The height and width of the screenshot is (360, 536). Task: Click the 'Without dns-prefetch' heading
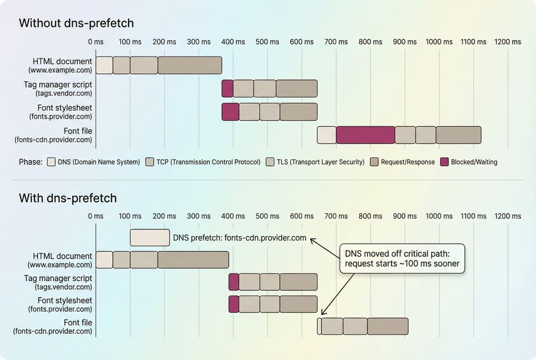76,23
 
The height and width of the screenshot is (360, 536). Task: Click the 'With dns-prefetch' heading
68,198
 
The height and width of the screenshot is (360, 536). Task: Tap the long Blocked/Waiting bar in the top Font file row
365,135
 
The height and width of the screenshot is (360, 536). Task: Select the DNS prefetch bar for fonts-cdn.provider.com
150,238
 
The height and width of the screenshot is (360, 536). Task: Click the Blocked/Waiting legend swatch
445,162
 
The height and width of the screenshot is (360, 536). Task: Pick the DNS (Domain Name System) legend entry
94,162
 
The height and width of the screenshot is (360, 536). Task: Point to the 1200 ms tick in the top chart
507,42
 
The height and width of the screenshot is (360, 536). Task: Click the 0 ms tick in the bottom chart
96,216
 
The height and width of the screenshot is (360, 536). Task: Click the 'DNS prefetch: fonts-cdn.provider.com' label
239,238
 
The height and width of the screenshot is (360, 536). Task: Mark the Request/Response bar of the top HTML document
190,66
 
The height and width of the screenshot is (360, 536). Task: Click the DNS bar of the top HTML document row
104,66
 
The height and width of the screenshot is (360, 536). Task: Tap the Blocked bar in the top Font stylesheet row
230,112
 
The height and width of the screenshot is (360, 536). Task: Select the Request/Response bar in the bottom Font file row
388,326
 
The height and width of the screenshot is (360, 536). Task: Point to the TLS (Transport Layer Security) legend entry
316,162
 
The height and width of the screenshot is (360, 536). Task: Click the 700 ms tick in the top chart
336,42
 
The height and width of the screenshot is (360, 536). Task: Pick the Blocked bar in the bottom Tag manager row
233,282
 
